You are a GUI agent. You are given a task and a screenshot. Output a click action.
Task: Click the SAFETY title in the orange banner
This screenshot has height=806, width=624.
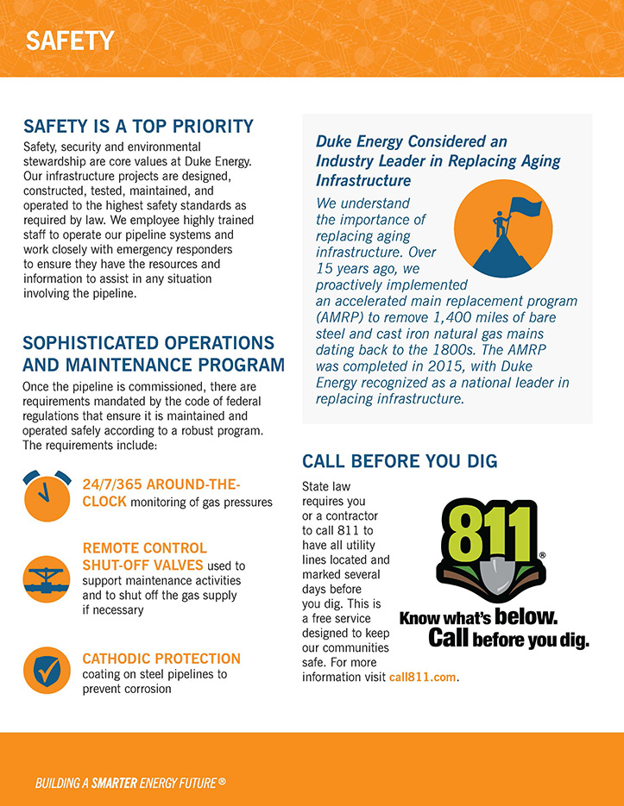(x=70, y=41)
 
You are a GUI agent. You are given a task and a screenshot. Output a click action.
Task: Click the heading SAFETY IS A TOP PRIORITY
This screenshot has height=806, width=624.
(x=138, y=127)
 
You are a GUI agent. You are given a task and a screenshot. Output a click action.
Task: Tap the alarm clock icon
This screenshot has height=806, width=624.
(x=47, y=497)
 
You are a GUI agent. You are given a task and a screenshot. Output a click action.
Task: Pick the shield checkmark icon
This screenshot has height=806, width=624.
(x=47, y=670)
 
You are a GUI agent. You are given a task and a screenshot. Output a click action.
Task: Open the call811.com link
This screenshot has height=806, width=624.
(x=423, y=678)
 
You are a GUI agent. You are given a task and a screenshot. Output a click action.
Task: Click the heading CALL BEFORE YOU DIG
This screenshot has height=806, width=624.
(x=400, y=461)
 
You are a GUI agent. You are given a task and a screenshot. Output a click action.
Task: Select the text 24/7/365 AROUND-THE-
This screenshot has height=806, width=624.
(x=161, y=484)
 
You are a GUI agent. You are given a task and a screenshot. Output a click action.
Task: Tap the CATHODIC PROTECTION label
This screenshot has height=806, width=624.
(x=161, y=659)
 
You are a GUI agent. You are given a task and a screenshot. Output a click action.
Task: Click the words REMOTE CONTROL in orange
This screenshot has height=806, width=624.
(x=144, y=548)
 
